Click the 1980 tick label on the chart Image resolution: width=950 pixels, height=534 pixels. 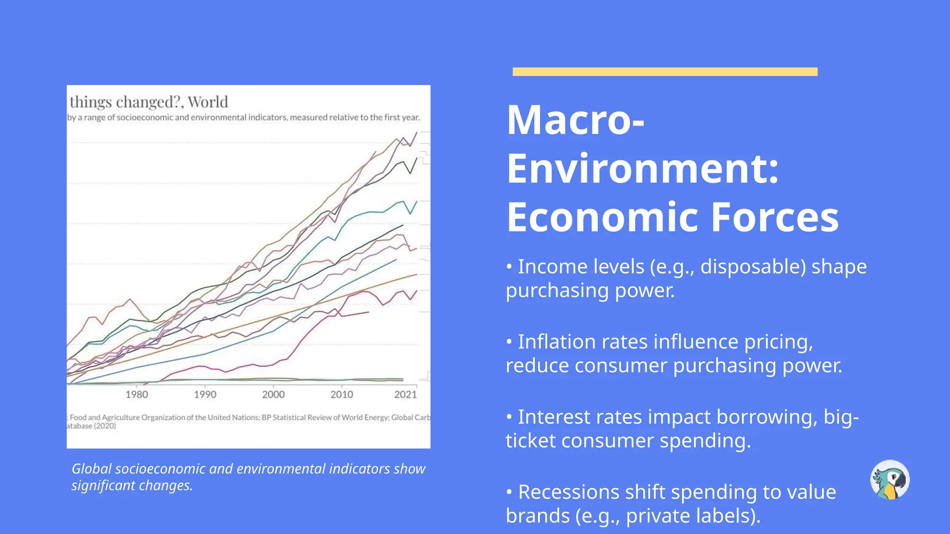[x=137, y=394]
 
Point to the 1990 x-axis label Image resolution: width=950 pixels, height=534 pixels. [x=205, y=394]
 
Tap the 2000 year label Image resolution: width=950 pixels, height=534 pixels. [x=273, y=394]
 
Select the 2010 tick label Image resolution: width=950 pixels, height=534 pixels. [x=342, y=394]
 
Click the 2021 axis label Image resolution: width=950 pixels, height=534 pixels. [x=405, y=394]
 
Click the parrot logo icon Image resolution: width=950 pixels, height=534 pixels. [x=890, y=480]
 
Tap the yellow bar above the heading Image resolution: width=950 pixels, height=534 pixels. [x=665, y=72]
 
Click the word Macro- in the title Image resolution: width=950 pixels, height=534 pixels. [x=576, y=120]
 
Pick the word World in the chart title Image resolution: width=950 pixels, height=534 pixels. [x=208, y=102]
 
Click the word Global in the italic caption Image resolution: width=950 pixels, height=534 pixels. [x=91, y=469]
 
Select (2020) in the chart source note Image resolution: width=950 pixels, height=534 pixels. [x=105, y=426]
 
